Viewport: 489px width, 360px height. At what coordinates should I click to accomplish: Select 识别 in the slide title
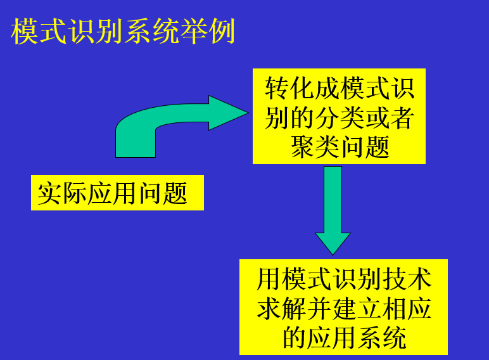[96, 32]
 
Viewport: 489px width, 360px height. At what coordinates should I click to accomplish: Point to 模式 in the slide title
[39, 32]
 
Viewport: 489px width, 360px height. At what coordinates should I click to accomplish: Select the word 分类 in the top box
[340, 118]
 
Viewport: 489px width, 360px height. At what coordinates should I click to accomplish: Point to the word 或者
[389, 118]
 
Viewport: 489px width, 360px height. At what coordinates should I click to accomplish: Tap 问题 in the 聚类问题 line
[364, 147]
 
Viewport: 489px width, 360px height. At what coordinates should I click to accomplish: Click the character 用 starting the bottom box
[269, 280]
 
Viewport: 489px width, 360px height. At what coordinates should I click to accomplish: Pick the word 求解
[282, 309]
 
